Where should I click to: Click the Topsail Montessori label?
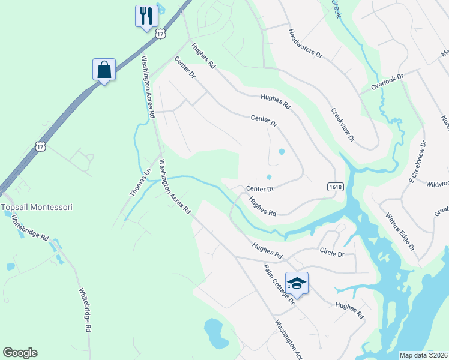pyautogui.click(x=37, y=207)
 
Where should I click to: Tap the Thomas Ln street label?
pyautogui.click(x=140, y=182)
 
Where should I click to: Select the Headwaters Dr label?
pyautogui.click(x=305, y=44)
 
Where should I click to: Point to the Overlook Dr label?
pyautogui.click(x=388, y=82)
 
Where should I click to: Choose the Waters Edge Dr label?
pyautogui.click(x=400, y=231)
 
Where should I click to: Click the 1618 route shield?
pyautogui.click(x=336, y=187)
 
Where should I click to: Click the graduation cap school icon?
pyautogui.click(x=297, y=283)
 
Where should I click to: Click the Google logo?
pyautogui.click(x=20, y=353)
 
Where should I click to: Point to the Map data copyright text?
pyautogui.click(x=424, y=355)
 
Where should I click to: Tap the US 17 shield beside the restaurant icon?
pyautogui.click(x=160, y=34)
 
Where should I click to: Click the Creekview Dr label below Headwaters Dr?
pyautogui.click(x=343, y=125)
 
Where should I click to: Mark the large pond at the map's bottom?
pyautogui.click(x=214, y=332)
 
